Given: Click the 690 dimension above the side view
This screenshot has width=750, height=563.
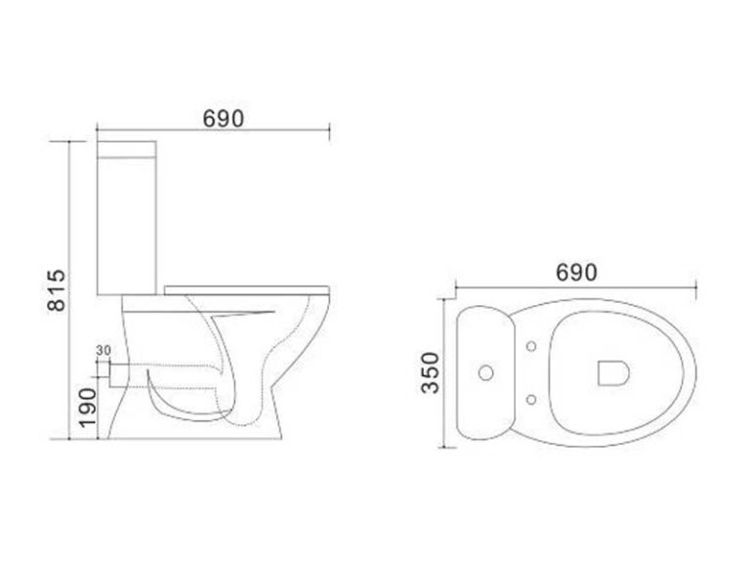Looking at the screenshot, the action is (x=223, y=118).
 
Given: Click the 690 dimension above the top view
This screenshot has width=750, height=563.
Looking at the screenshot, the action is (x=576, y=273).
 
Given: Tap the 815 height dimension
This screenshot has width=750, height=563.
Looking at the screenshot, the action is (x=57, y=290).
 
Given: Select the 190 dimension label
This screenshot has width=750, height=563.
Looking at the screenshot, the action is (x=88, y=408).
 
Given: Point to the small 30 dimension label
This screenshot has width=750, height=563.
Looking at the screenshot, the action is (x=104, y=351).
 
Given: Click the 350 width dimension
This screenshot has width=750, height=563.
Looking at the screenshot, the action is (x=430, y=373).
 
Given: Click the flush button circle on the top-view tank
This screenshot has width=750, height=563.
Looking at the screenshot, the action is (x=486, y=372).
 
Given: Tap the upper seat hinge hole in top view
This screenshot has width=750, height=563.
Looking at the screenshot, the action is (x=531, y=346).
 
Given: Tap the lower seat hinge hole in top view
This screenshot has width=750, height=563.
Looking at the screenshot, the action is (x=531, y=399).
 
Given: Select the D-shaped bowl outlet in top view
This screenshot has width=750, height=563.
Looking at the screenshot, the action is (x=613, y=372).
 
